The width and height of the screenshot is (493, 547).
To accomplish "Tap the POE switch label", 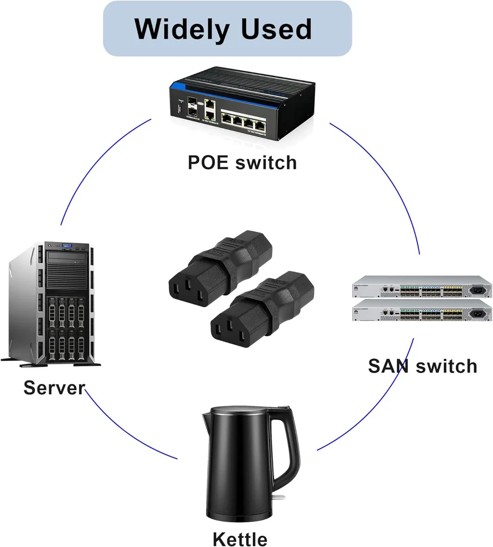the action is [x=242, y=163].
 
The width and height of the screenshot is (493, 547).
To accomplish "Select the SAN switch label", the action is [x=422, y=366].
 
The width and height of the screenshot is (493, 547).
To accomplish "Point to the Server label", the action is [x=54, y=387].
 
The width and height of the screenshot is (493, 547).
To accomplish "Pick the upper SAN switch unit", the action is [x=422, y=287].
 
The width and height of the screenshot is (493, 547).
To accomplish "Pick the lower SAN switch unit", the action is [x=422, y=310].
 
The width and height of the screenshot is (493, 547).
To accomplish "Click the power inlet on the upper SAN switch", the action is [x=477, y=290].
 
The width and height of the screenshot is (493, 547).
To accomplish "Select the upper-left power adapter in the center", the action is [x=220, y=269].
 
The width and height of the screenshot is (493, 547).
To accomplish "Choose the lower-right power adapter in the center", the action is [x=262, y=309].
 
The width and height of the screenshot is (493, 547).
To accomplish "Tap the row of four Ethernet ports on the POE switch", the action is [x=244, y=121].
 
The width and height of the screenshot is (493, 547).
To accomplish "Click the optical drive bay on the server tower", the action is [x=67, y=258].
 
